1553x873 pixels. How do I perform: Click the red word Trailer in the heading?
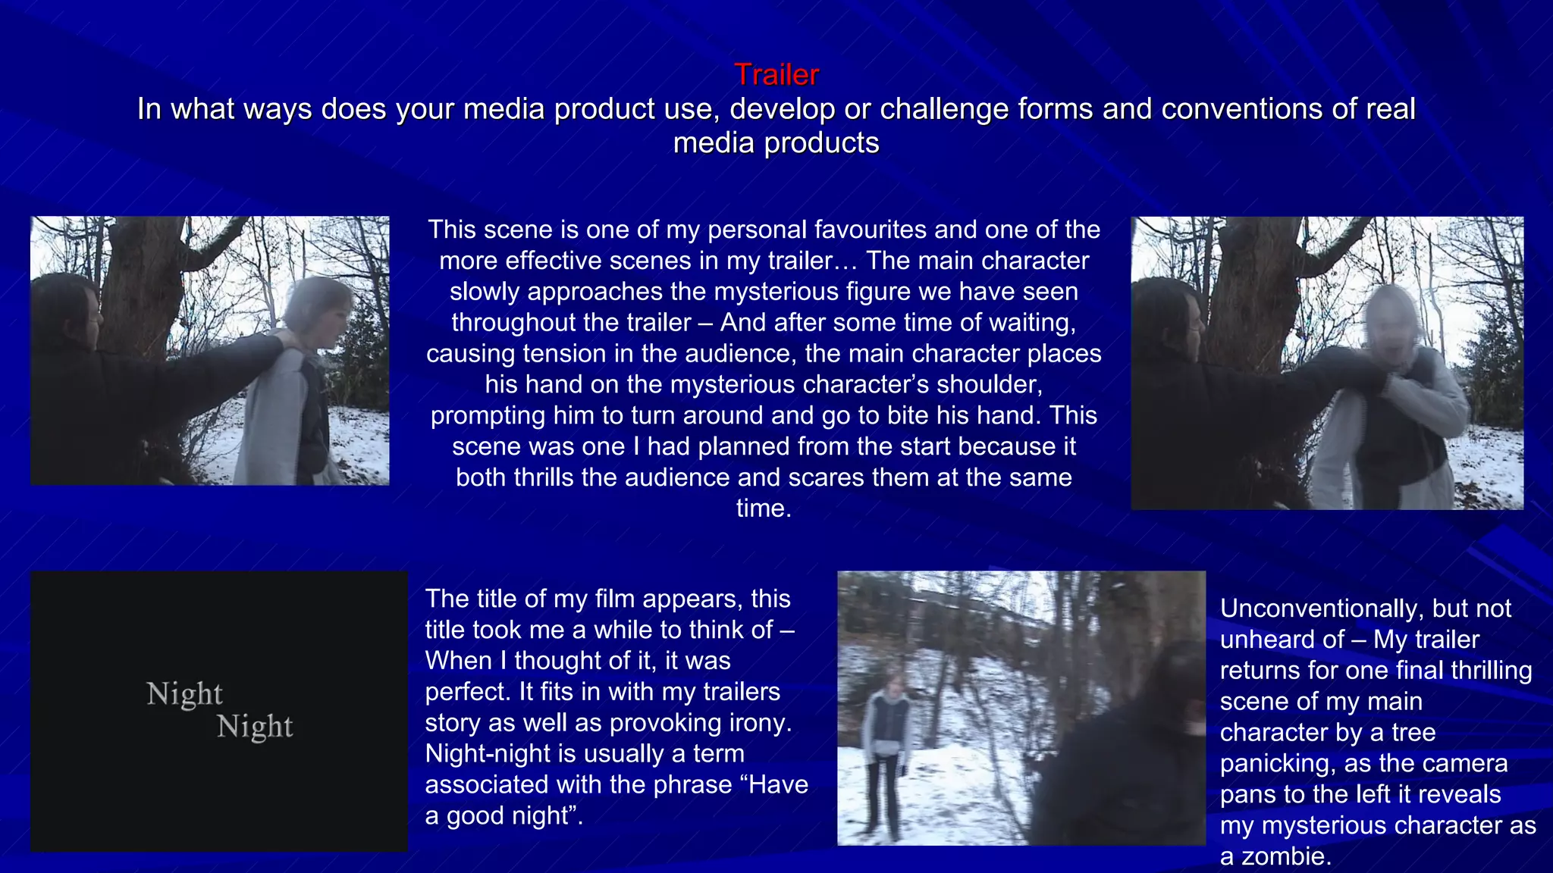tap(776, 75)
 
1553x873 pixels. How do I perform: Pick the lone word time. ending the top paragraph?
tap(764, 508)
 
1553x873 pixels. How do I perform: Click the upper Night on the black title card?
tap(184, 694)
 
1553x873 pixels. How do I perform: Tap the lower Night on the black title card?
tap(255, 727)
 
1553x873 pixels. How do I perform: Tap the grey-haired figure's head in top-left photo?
tap(318, 307)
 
